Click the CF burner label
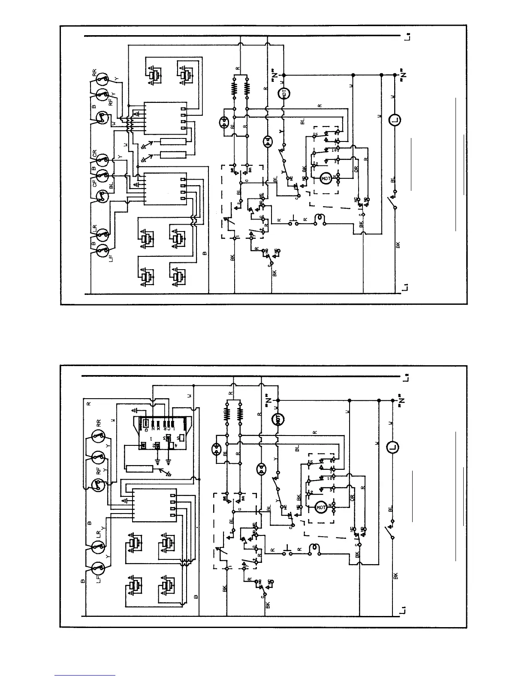94,184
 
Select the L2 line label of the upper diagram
406,39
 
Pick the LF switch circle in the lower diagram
99,568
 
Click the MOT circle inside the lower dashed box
321,508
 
